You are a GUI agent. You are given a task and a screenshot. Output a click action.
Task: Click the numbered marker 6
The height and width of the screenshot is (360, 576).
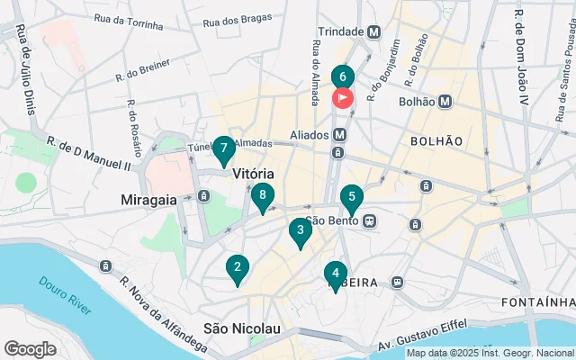pos(343,77)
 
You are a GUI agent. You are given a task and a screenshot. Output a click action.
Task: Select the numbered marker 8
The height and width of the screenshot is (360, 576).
pos(262,194)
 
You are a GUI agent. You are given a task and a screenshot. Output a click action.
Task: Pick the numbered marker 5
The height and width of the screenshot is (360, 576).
pos(351,197)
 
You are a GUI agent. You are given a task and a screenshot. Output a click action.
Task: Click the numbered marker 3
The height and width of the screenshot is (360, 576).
pos(300,230)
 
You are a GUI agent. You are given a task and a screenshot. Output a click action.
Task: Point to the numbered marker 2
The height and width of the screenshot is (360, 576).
pos(237,266)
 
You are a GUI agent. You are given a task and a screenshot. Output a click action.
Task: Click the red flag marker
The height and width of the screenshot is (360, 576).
pos(343,97)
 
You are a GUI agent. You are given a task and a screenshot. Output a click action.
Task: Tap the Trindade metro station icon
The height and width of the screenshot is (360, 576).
pos(373,31)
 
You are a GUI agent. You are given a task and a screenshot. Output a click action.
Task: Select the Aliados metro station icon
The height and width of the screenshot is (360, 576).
pos(340,134)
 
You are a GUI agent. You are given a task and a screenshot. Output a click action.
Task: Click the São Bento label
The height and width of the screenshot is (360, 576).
pos(332,219)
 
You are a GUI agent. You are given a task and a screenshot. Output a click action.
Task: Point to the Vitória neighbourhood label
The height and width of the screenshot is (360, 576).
pos(253,173)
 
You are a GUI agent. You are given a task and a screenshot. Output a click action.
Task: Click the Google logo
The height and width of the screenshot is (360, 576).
pos(30,348)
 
